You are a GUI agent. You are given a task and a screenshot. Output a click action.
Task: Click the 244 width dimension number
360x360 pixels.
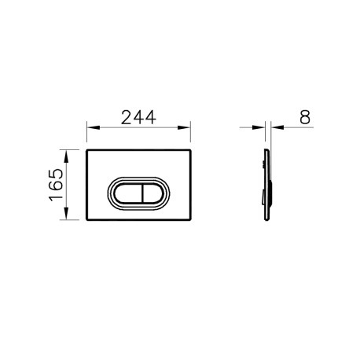point(138,117)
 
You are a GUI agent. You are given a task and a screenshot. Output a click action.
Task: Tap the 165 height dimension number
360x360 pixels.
point(56,185)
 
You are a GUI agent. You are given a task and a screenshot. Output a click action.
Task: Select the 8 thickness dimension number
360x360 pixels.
point(305,117)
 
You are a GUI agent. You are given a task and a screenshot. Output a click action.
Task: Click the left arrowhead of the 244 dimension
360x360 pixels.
point(94,127)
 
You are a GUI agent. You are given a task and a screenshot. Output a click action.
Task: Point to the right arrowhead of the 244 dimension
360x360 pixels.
point(184,127)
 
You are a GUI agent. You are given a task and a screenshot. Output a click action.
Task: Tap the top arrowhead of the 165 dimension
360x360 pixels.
point(66,156)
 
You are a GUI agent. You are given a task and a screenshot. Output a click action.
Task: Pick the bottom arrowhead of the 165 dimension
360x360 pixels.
point(66,213)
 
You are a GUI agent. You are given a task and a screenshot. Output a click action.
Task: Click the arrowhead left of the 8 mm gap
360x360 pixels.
point(259,127)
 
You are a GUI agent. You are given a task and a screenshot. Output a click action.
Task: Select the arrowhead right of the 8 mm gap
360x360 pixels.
point(277,127)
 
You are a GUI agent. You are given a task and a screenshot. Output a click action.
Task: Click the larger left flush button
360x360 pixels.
point(128,193)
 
